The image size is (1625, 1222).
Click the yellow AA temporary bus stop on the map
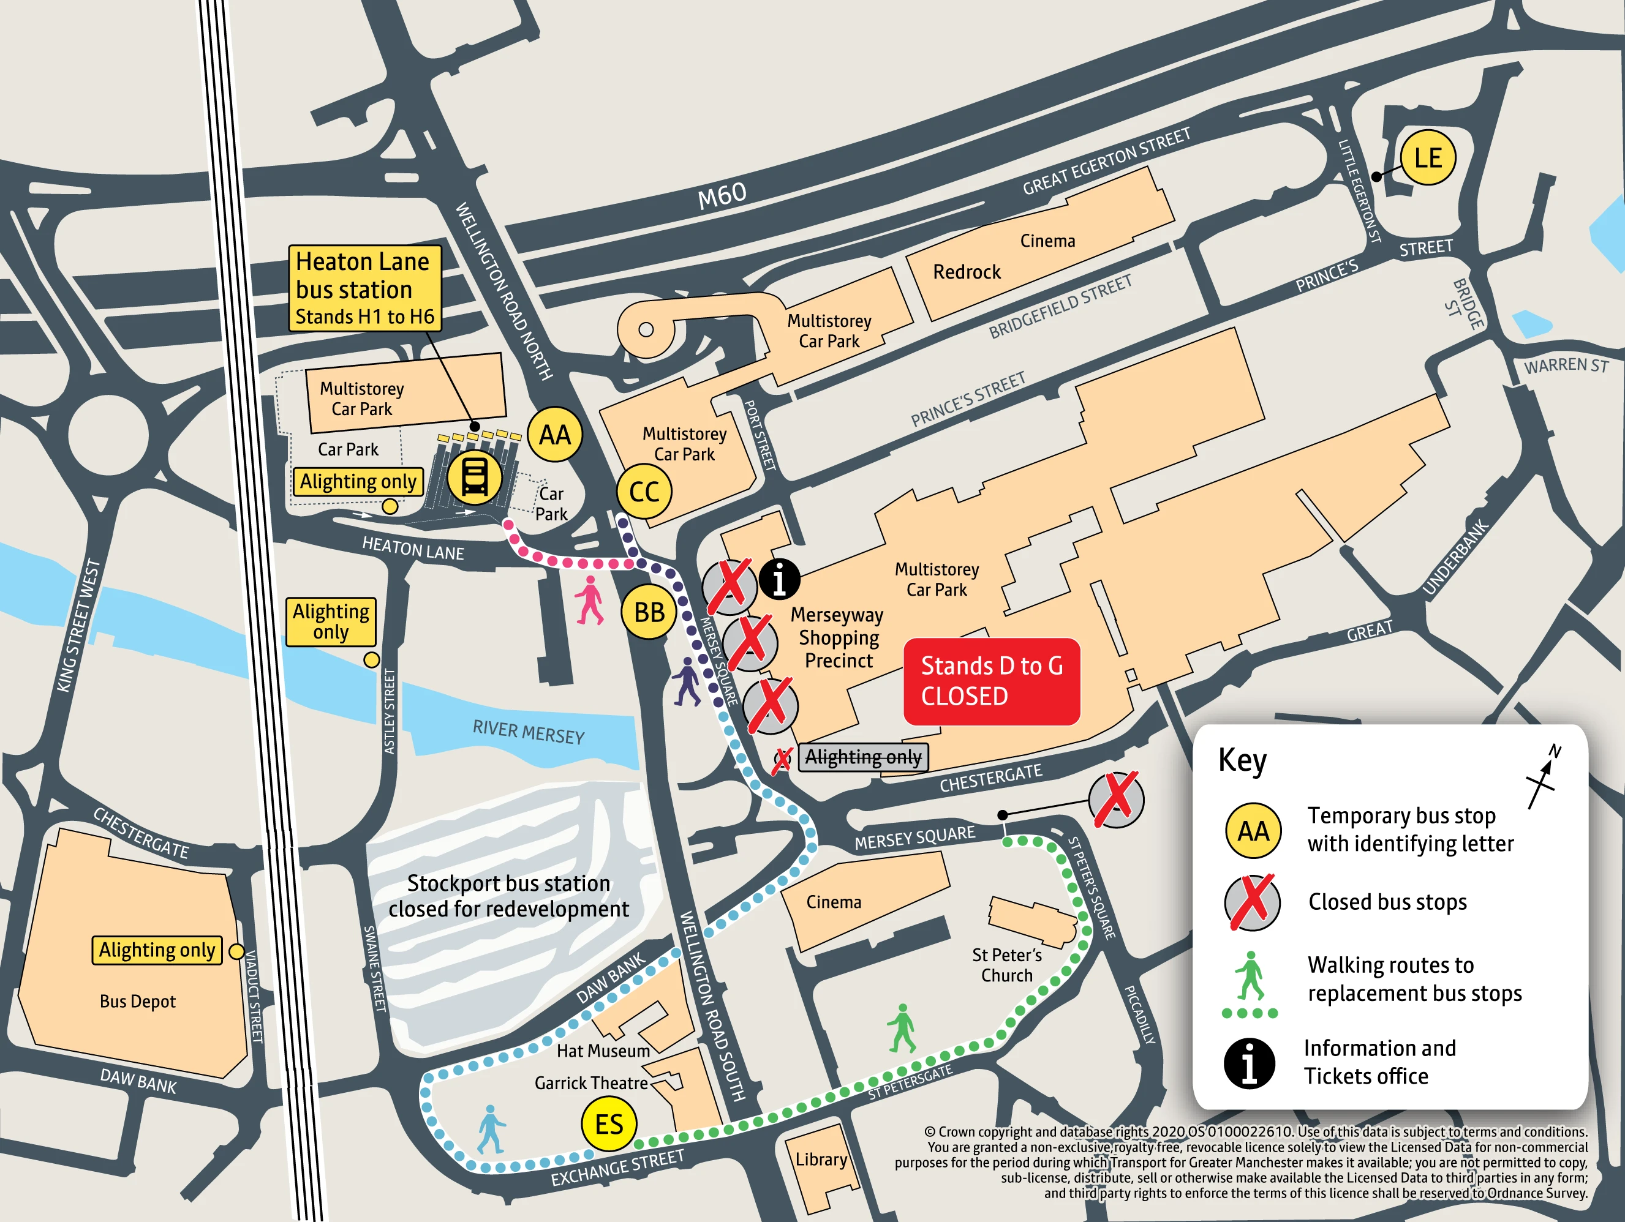[555, 435]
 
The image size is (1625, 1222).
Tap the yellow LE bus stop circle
[1427, 158]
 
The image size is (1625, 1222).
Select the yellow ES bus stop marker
[608, 1123]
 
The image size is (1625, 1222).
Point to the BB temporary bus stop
[649, 612]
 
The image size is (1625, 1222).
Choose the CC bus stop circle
[644, 491]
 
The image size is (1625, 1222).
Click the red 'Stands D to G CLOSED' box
[991, 681]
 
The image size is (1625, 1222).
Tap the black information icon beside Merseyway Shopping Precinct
[779, 579]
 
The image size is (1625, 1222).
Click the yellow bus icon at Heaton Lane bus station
[475, 478]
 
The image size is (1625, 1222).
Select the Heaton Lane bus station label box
[364, 288]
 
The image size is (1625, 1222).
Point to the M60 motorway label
[722, 195]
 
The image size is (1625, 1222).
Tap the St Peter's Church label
[1006, 965]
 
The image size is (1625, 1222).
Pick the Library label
[821, 1159]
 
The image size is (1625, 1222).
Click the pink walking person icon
[589, 600]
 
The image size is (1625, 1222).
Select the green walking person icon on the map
[902, 1028]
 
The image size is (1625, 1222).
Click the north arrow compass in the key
[1543, 777]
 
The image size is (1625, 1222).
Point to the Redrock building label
[966, 272]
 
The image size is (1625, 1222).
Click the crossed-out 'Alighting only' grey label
[862, 757]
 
